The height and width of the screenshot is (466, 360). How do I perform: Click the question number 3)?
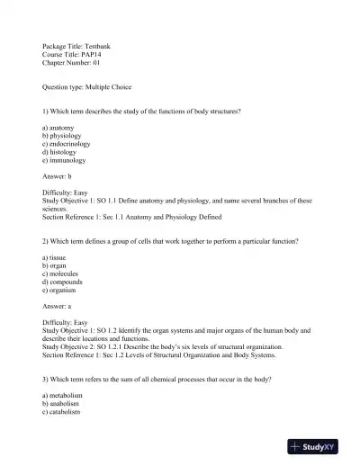click(46, 379)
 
